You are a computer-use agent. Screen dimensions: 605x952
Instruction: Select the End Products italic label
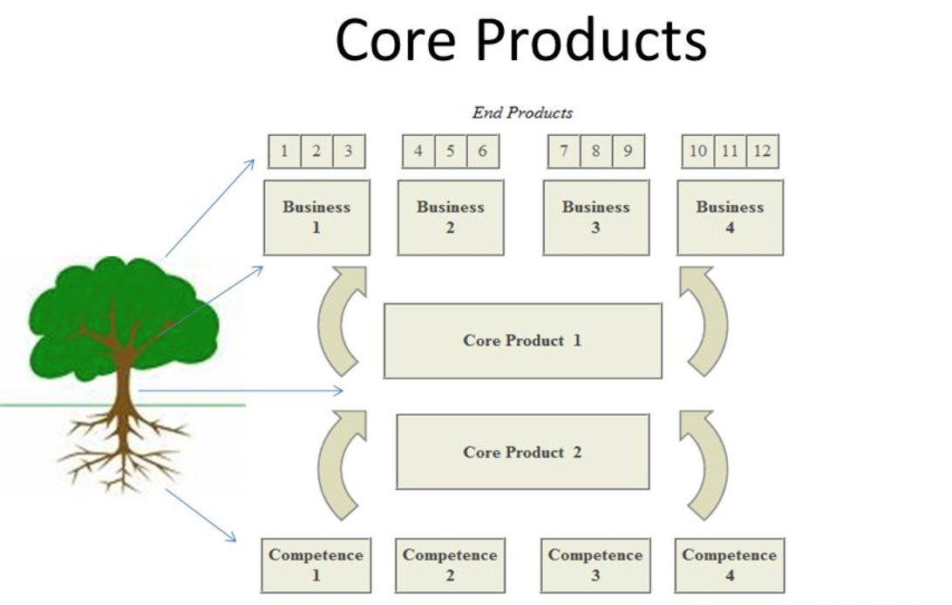tap(522, 112)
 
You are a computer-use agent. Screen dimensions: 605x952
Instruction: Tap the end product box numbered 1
tap(284, 151)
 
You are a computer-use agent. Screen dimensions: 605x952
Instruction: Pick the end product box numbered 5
tap(450, 151)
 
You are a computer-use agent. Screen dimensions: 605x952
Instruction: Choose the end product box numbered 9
tap(627, 151)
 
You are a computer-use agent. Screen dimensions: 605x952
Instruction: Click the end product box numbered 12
tap(762, 151)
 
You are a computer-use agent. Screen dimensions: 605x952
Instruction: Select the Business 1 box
tap(316, 217)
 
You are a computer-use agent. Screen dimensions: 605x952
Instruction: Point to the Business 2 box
tap(450, 217)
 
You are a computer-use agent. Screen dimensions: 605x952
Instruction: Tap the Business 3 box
tap(595, 217)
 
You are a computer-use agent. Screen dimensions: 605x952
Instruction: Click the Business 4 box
tap(730, 217)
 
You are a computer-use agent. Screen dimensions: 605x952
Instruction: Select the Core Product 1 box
tap(522, 341)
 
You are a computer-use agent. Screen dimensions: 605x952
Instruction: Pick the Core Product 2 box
tap(522, 452)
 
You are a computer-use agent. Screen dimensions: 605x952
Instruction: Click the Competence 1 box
tap(316, 565)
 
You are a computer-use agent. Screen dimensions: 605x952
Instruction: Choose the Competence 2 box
tap(450, 565)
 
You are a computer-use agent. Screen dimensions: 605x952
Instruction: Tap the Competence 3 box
tap(595, 565)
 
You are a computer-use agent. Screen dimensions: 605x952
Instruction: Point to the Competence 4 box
tap(730, 565)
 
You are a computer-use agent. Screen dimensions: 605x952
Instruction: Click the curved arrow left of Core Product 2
tap(338, 466)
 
